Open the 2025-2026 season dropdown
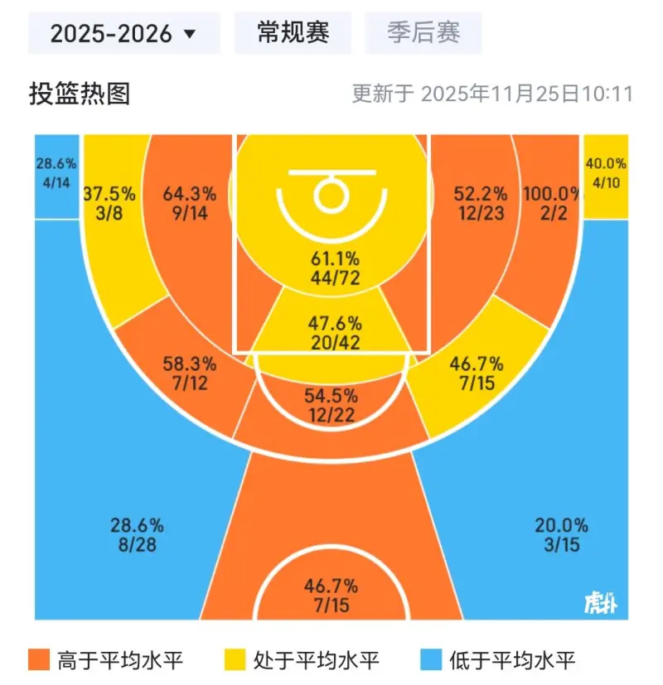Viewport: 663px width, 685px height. coord(123,34)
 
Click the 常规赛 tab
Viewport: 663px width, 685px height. coord(293,33)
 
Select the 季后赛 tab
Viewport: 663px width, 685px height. coord(423,33)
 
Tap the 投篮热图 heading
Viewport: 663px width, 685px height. coord(80,94)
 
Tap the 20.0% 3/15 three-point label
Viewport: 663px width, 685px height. coord(561,535)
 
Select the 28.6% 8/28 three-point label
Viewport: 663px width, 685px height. coord(137,535)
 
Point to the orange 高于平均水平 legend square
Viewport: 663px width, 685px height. coord(38,661)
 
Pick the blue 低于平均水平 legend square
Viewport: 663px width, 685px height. coord(429,661)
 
